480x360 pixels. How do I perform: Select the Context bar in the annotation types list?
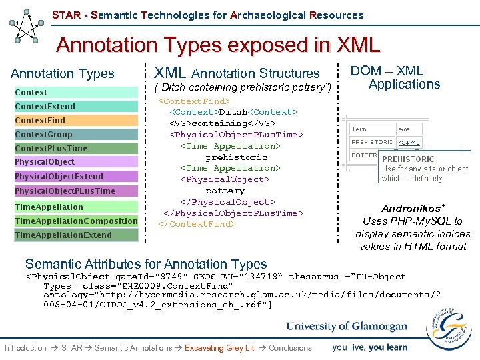[x=76, y=92]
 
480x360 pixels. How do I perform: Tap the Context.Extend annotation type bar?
[x=76, y=106]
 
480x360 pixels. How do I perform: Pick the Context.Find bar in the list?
[x=76, y=120]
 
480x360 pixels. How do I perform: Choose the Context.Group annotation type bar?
[x=76, y=134]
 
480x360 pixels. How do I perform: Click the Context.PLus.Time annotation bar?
[x=76, y=148]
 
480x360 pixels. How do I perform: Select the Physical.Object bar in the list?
[x=76, y=162]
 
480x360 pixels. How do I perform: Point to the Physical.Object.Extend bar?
[x=76, y=177]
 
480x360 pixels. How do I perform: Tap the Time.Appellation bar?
[x=76, y=207]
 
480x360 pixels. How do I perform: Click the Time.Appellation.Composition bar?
[x=76, y=221]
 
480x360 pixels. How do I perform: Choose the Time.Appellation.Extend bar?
[x=76, y=235]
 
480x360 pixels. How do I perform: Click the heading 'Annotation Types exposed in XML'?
[x=218, y=45]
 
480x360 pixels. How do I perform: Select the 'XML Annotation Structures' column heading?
[x=237, y=73]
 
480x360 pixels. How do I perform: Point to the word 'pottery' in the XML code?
[x=225, y=191]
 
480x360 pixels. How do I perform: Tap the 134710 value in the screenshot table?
[x=409, y=143]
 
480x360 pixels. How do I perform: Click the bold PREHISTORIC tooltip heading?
[x=408, y=159]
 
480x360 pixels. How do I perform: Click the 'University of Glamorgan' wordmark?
[x=347, y=327]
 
